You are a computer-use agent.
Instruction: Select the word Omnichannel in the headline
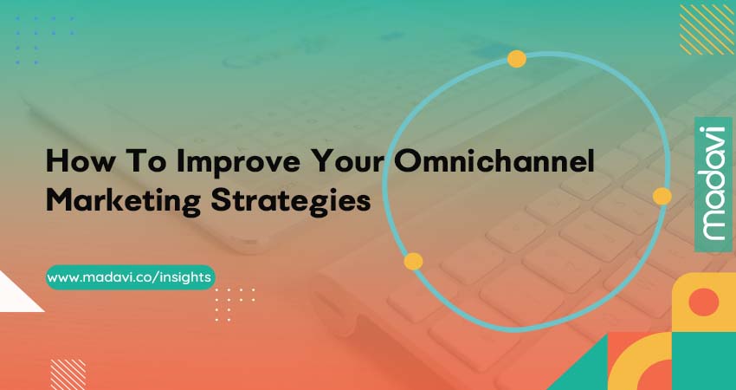click(494, 161)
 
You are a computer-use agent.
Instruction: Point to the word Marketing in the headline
click(124, 202)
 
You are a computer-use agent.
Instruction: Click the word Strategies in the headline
click(291, 202)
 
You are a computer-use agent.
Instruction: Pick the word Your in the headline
click(353, 161)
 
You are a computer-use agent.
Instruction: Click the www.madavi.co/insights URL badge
click(131, 277)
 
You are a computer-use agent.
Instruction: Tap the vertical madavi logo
click(713, 185)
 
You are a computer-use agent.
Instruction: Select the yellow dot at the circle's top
click(516, 59)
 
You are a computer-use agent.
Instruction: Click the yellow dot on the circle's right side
click(662, 196)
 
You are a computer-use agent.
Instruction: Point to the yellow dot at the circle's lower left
click(413, 261)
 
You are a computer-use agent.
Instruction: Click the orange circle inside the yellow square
click(704, 302)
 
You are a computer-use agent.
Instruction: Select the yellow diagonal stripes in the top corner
click(707, 29)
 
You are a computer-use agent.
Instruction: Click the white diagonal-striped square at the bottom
click(68, 374)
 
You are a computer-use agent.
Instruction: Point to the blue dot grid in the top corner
click(44, 41)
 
